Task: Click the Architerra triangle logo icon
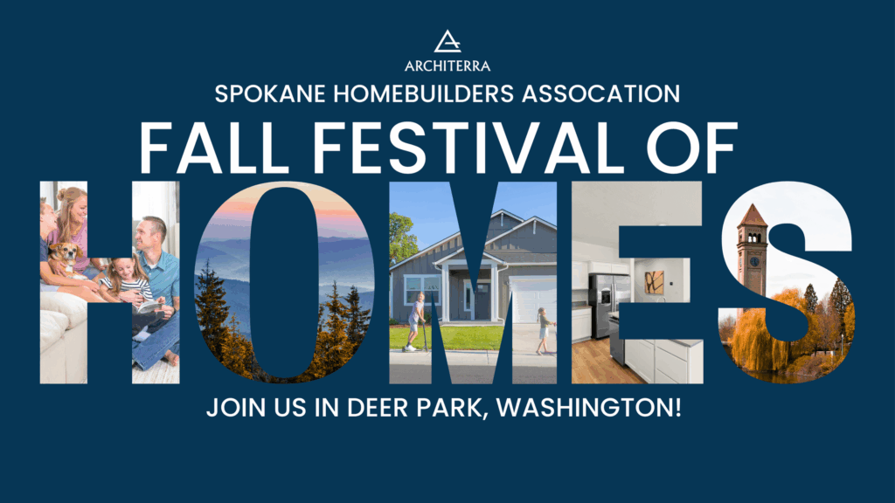447,41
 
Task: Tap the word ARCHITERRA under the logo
447,65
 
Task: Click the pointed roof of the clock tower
752,215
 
